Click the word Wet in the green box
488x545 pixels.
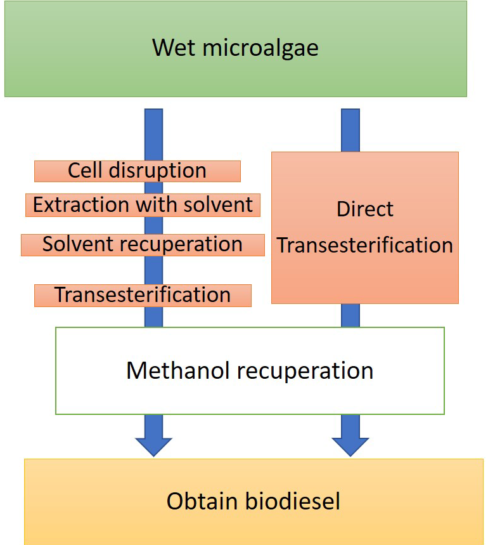[x=174, y=48]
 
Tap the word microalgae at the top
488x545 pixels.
[x=260, y=49]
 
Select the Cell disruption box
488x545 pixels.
[x=138, y=171]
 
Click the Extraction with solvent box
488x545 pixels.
[x=143, y=205]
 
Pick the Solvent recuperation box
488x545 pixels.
[x=143, y=245]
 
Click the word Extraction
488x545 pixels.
[x=82, y=204]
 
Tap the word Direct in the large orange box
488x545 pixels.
[x=365, y=209]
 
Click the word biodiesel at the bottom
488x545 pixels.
[x=293, y=501]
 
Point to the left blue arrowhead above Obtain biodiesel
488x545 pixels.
[x=154, y=446]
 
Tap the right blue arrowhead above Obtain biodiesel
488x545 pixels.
[x=350, y=446]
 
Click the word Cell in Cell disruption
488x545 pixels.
[x=85, y=170]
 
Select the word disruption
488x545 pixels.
[x=158, y=171]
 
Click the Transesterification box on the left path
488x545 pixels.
[x=143, y=296]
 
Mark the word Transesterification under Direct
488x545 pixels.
[x=365, y=245]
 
